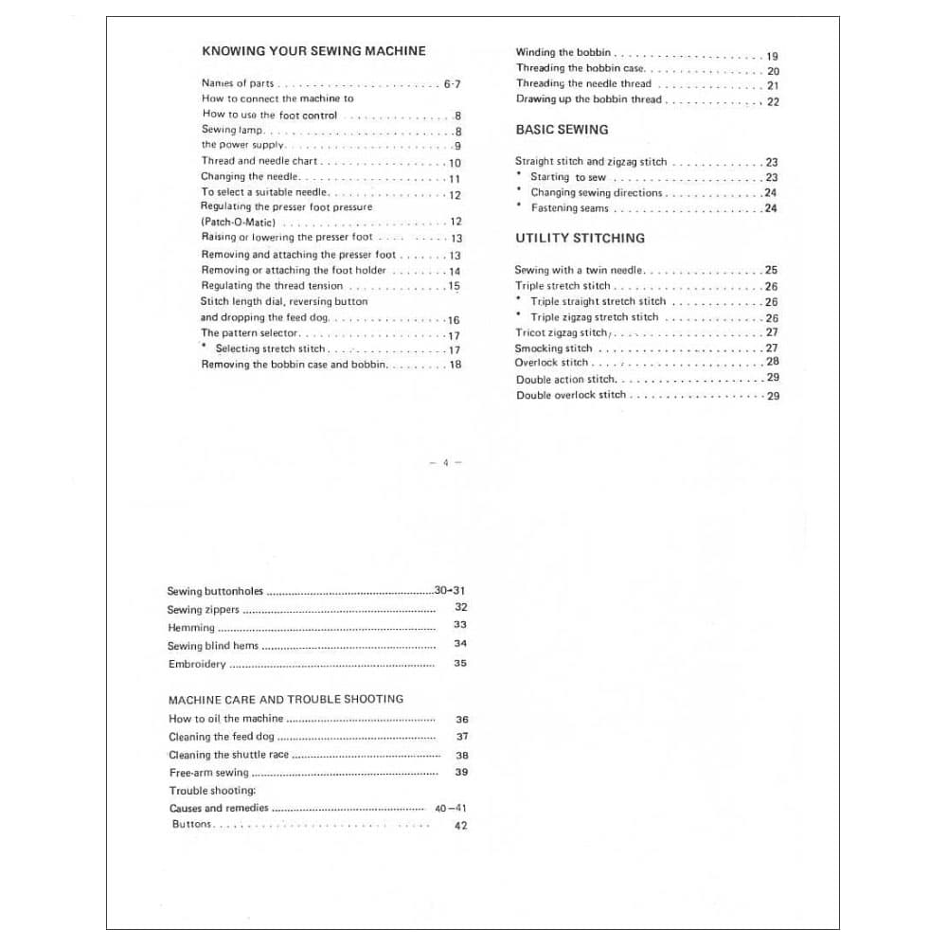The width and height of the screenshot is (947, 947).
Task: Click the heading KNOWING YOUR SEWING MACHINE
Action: [313, 51]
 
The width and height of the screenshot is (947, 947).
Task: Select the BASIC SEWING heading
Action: [562, 129]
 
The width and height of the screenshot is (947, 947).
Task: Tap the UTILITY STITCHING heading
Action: [580, 238]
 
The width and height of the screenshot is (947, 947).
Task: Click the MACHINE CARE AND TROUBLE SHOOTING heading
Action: [285, 699]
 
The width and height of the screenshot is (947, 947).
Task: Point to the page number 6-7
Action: [452, 84]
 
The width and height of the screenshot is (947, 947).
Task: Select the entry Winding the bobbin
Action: [563, 53]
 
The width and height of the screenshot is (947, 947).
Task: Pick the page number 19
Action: [772, 57]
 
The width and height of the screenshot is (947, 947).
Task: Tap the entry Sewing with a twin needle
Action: [579, 270]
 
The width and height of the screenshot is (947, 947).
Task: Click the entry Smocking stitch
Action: [552, 348]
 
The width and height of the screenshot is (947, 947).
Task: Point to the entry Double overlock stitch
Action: [570, 395]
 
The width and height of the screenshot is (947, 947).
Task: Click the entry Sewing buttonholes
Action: [215, 591]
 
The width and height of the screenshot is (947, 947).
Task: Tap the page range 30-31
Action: [451, 590]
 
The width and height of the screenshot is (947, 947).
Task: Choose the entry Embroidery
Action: [197, 664]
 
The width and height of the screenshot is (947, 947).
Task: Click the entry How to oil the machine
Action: [225, 719]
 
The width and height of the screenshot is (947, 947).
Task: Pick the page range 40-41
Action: [451, 808]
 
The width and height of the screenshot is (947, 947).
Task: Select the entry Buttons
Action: [192, 825]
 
